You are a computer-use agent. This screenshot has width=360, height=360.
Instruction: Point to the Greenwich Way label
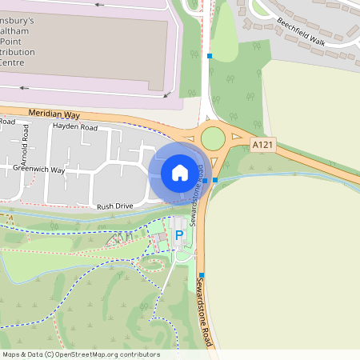tap(38, 170)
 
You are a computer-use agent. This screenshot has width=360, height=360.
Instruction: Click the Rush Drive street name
tap(114, 206)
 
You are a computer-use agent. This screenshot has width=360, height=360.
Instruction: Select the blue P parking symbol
tap(179, 235)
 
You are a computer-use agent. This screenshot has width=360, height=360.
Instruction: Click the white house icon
tap(179, 172)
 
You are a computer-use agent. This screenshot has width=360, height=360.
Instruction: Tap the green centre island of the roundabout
tap(213, 138)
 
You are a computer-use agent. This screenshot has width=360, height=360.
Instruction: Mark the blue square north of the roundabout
tap(210, 56)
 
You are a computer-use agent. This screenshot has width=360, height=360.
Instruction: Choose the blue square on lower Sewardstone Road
tap(202, 275)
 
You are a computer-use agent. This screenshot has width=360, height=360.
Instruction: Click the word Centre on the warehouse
tap(12, 62)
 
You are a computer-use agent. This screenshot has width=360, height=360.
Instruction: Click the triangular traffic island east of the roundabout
tap(236, 138)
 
